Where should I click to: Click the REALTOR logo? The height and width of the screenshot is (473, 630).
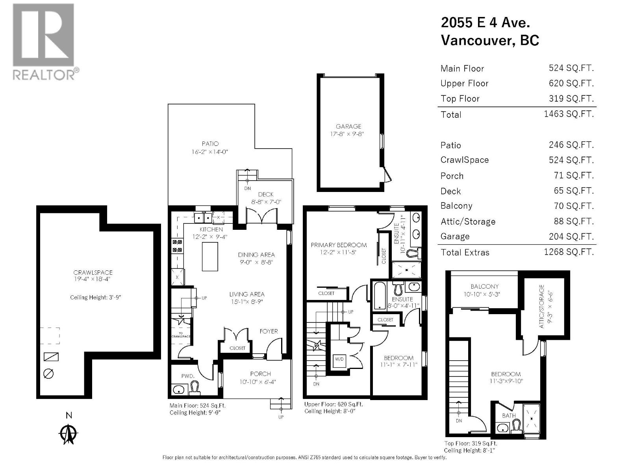(x=43, y=41)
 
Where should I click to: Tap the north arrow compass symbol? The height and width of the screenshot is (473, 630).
(x=69, y=434)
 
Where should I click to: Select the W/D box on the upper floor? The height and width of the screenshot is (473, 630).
(x=339, y=359)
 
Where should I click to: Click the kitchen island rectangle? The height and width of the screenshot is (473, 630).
(x=210, y=257)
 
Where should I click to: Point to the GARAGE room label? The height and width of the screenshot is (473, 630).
(x=348, y=127)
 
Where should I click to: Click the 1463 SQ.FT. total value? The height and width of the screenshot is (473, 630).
(x=569, y=114)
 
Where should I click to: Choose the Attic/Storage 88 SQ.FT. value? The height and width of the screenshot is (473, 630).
(x=573, y=221)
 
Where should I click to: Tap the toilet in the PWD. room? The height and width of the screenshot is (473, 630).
(x=195, y=388)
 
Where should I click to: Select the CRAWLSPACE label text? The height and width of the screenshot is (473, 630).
(x=93, y=272)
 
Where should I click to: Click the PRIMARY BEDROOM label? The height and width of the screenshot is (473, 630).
(x=339, y=245)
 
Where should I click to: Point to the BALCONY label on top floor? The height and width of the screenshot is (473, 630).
(x=484, y=287)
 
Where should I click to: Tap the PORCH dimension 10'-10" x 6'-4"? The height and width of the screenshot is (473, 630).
(x=260, y=382)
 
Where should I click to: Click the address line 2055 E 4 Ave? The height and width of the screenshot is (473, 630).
(x=485, y=22)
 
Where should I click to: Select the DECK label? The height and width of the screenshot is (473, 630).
(x=266, y=194)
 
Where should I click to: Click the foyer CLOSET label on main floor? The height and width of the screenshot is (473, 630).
(x=237, y=348)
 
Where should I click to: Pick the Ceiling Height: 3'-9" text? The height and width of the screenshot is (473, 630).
(x=95, y=297)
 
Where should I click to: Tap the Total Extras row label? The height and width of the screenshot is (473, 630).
(x=465, y=252)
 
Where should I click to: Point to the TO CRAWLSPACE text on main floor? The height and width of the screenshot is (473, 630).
(x=181, y=335)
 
